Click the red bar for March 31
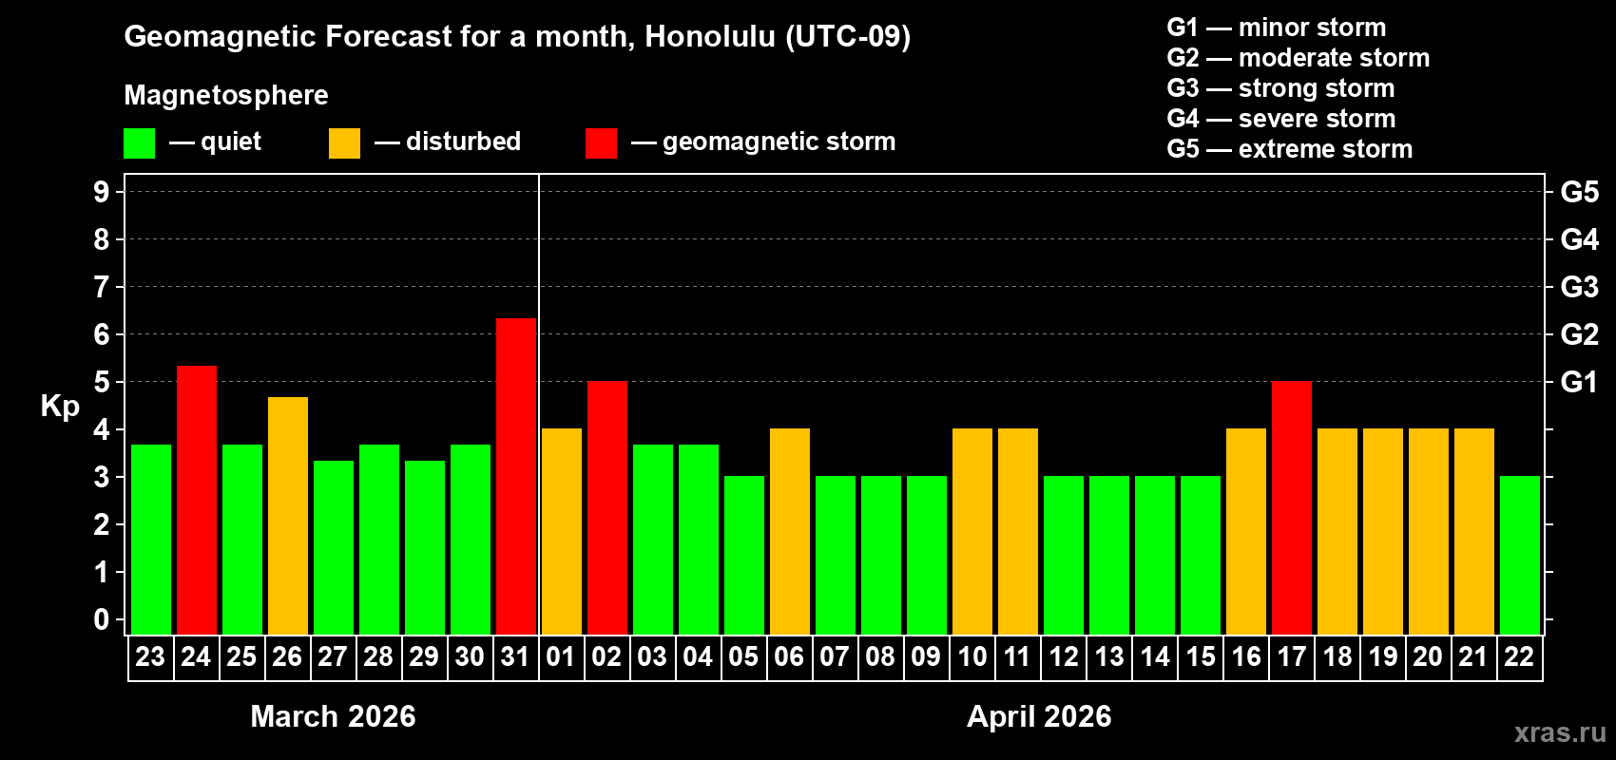point(516,476)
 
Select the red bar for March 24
point(197,500)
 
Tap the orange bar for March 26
point(288,516)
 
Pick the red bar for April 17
point(1292,507)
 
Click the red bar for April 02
point(607,507)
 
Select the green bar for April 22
point(1520,555)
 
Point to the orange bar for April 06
point(790,531)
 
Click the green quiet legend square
point(140,143)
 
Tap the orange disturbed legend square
point(344,143)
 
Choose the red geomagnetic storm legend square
point(601,143)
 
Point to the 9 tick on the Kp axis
point(102,192)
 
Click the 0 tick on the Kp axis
point(102,620)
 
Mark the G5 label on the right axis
point(1579,192)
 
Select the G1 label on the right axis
point(1579,382)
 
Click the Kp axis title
point(60,407)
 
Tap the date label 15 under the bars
point(1201,656)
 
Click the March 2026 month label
point(333,716)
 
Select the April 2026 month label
point(1039,716)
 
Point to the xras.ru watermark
point(1560,732)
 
